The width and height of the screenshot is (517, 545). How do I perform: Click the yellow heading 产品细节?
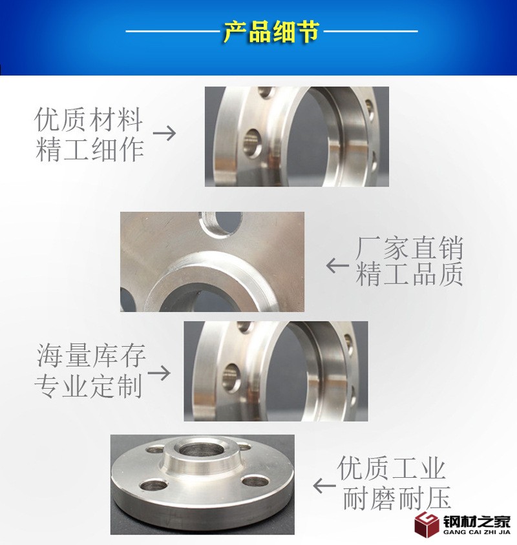[271, 32]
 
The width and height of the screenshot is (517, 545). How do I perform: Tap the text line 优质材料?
[89, 119]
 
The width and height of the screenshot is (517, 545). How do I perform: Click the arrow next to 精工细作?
[164, 133]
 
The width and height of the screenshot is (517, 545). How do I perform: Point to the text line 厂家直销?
[409, 248]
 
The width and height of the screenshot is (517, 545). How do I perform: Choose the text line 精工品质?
[409, 274]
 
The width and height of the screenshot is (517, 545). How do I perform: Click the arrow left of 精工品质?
[337, 265]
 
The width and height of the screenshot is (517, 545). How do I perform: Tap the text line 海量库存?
[91, 356]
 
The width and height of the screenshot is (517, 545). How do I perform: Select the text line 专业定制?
[89, 386]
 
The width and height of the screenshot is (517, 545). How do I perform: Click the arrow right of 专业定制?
[160, 373]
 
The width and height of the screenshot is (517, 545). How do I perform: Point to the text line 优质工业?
[392, 468]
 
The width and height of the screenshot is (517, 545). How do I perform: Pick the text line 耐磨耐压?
[397, 498]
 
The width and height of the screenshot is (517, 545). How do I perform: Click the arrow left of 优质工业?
[324, 486]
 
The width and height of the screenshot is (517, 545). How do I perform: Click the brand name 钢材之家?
[477, 521]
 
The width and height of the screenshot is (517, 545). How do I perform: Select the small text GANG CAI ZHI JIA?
[477, 532]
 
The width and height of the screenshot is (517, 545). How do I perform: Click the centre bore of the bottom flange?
[201, 450]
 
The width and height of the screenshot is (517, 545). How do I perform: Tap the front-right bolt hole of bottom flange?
[255, 481]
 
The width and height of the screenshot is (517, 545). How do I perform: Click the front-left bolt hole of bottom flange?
[153, 484]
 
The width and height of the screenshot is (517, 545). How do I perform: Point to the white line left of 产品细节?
[173, 31]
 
